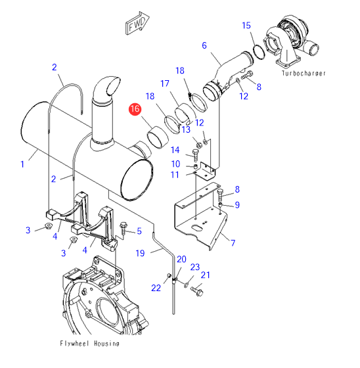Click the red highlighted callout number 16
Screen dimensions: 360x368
coord(135,109)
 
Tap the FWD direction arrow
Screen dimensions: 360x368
coord(137,23)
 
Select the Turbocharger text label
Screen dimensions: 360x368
coord(304,74)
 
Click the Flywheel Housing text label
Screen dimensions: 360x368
coord(89,344)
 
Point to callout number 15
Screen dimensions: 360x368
coord(246,26)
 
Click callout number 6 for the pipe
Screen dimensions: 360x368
coord(204,45)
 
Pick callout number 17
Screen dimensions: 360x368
coord(165,83)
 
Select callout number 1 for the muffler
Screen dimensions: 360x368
coord(22,164)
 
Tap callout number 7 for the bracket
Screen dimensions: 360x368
coord(233,242)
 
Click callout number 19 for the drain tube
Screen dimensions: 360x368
coord(140,253)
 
